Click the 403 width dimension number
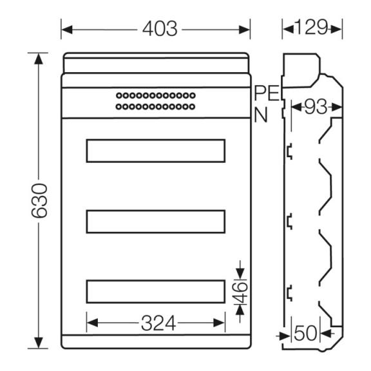160,28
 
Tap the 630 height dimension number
39,201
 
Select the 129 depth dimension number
312,27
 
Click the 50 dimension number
305,333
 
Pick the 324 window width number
158,323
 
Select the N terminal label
260,115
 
